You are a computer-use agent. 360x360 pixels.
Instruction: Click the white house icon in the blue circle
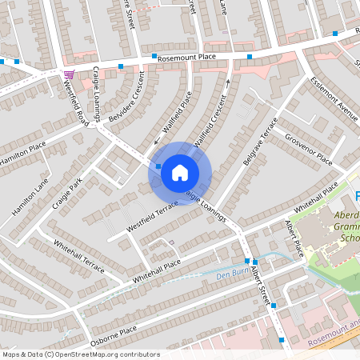pos(180,171)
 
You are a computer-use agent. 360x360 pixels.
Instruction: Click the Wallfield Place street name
pos(178,115)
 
